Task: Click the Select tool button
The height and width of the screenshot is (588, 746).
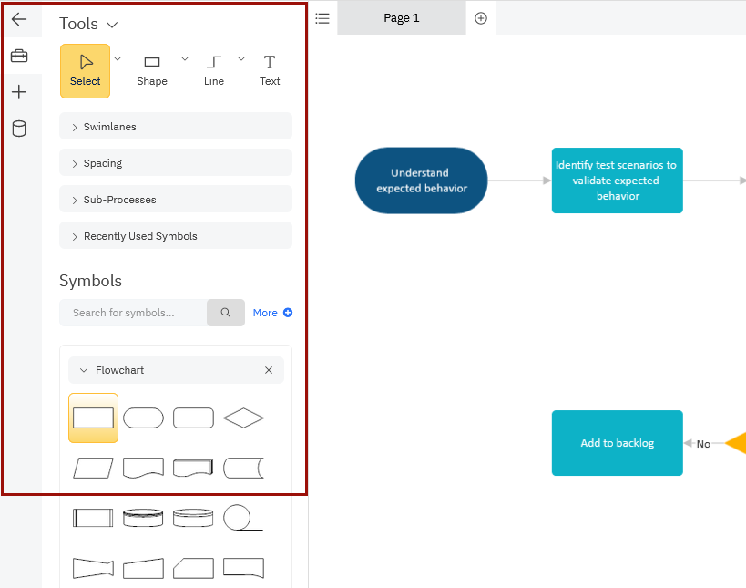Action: (85, 71)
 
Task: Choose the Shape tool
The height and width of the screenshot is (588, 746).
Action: (152, 71)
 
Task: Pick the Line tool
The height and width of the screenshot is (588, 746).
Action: (214, 71)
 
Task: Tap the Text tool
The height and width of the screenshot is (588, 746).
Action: (270, 71)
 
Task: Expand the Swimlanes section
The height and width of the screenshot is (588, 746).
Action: (176, 126)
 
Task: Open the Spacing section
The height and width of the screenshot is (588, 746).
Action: (176, 163)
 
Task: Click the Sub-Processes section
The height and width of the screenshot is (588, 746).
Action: (176, 200)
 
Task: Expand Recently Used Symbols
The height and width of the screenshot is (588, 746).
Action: (176, 236)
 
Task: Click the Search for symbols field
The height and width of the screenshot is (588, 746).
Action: (133, 313)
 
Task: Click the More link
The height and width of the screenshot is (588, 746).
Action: (272, 313)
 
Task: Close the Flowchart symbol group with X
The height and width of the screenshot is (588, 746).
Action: (269, 370)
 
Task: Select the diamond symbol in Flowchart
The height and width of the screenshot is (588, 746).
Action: (243, 418)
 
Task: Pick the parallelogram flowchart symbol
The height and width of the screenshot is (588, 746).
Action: (93, 468)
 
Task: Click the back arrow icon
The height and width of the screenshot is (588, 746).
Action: (19, 19)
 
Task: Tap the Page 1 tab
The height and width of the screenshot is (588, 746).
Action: (402, 17)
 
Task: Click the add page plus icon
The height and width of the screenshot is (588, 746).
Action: (481, 18)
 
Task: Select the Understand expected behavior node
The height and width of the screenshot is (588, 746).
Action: (421, 181)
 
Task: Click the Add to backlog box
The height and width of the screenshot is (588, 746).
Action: (617, 443)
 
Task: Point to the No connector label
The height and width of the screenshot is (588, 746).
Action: (703, 444)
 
